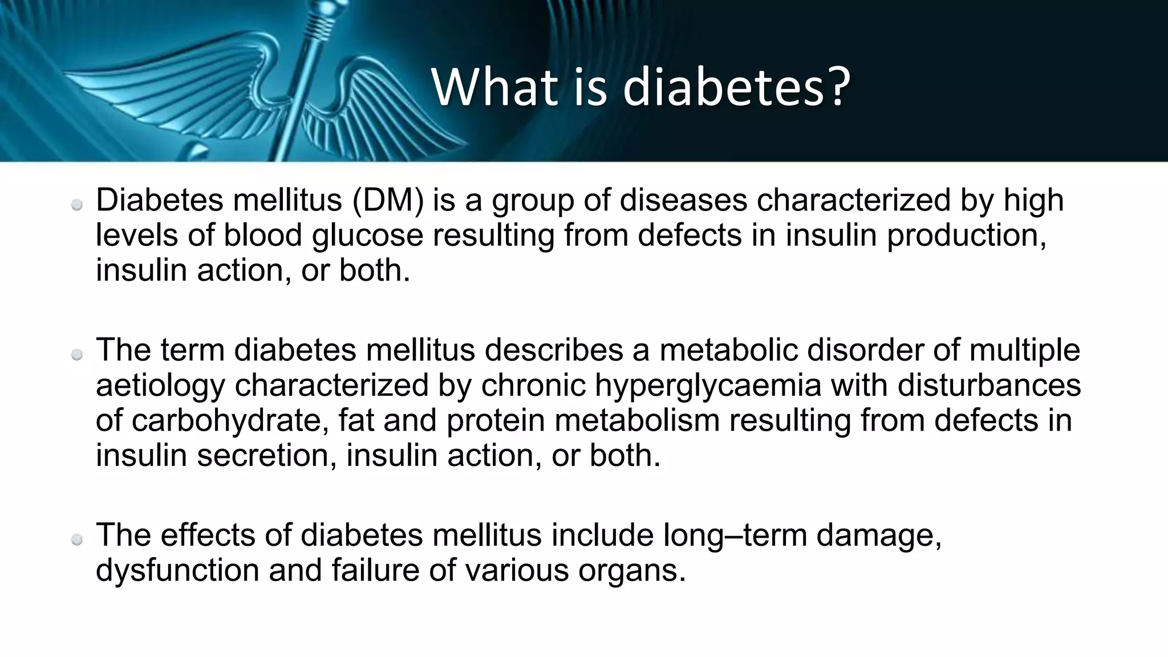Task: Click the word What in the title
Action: tap(493, 87)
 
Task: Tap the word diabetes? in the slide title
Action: tap(736, 87)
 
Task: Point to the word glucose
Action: tap(367, 236)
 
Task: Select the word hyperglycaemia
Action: tap(708, 386)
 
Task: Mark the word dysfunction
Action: tap(177, 570)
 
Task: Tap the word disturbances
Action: tap(989, 386)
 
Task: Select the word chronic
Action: tap(533, 386)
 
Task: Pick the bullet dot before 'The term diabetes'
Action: tap(78, 355)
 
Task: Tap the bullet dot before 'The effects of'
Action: tap(78, 540)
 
